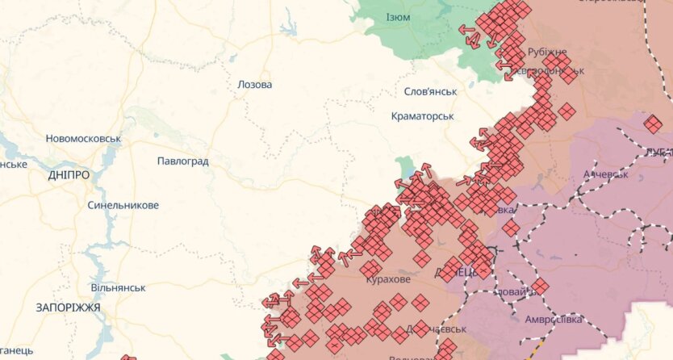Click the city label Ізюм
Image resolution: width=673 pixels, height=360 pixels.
click(x=398, y=17)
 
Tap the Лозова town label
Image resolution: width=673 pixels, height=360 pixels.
click(x=255, y=85)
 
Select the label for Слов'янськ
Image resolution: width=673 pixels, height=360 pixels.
click(x=430, y=91)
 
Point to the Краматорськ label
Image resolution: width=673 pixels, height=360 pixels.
click(x=422, y=116)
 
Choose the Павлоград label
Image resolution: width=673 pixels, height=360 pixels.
click(x=183, y=161)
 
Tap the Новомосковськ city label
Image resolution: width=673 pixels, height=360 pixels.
click(x=83, y=138)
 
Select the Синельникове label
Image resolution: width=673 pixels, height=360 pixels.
click(x=123, y=205)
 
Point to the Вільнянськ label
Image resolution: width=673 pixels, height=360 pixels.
click(x=118, y=287)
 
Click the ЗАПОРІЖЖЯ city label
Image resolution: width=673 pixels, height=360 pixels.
click(x=68, y=308)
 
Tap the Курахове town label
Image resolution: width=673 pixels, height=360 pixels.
click(x=387, y=279)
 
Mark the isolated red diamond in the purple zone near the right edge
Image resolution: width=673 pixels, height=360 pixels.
click(x=653, y=123)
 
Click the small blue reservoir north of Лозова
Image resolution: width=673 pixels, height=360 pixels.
click(x=288, y=29)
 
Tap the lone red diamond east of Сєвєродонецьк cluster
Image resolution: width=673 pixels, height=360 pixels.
click(x=567, y=111)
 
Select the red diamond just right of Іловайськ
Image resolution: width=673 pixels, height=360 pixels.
click(x=539, y=286)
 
